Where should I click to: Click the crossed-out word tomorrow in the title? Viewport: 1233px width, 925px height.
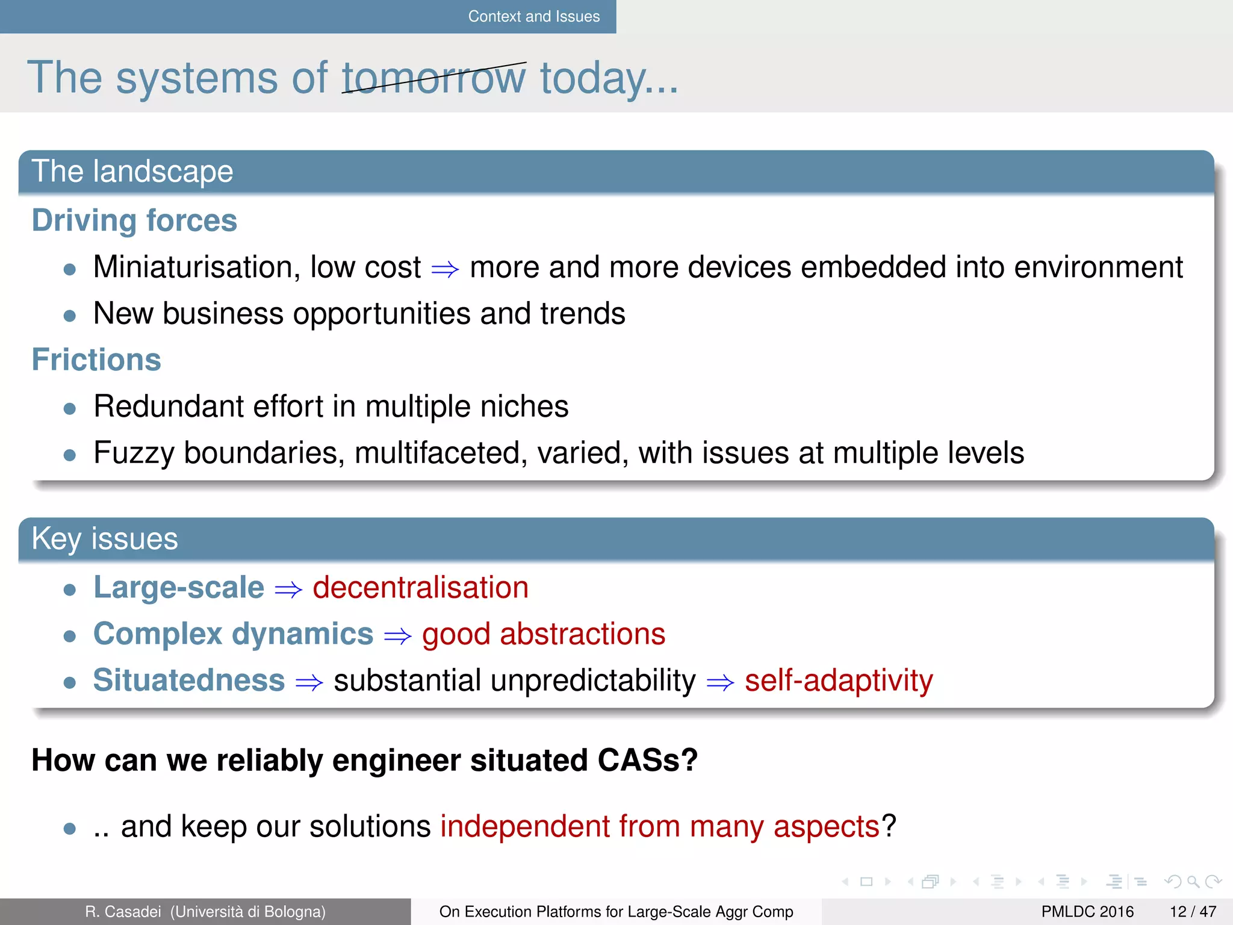433,78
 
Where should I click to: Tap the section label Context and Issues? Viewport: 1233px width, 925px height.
533,16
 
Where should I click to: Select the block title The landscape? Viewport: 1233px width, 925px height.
132,171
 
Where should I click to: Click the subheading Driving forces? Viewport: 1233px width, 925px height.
134,220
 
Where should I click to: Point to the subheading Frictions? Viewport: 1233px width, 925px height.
96,360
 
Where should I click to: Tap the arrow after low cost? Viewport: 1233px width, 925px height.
445,269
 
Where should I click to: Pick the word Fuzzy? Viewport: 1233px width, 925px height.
134,453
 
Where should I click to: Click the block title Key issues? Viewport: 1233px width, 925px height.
104,538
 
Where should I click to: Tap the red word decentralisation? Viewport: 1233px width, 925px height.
420,588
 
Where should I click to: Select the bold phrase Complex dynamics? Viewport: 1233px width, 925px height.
233,634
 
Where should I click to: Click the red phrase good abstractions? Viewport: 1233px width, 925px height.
543,635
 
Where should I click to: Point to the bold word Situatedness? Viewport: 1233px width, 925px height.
188,681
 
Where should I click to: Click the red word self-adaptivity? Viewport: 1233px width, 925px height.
838,681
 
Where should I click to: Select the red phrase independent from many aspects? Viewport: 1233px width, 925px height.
660,826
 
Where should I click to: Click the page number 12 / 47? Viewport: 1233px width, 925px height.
1192,912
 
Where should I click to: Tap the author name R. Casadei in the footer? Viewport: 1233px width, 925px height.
123,912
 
